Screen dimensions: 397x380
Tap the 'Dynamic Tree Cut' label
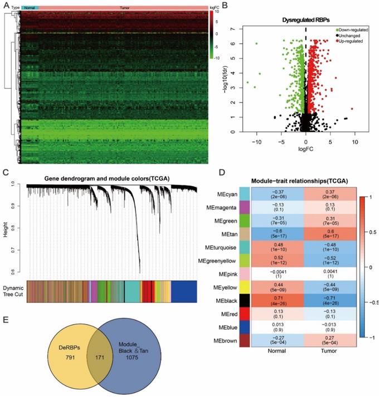(13, 291)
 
